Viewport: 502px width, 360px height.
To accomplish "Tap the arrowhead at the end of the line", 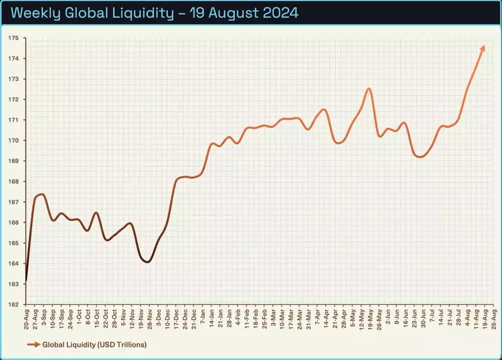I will [483, 47].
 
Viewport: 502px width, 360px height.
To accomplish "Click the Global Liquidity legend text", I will [94, 344].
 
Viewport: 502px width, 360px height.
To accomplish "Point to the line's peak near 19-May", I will [369, 89].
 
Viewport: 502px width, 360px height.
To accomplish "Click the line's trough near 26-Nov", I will [147, 262].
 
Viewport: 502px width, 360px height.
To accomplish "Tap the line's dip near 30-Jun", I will [420, 157].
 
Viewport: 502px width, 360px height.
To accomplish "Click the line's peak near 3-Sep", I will [42, 194].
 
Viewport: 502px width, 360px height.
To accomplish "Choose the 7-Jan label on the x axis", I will [202, 318].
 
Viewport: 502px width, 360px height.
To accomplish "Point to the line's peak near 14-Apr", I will [324, 109].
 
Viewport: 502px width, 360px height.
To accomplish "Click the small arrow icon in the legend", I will [33, 344].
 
